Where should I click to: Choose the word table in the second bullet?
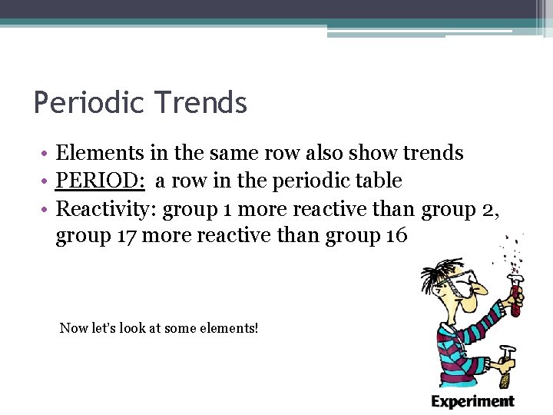point(377,181)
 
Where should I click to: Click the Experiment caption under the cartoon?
point(472,400)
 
